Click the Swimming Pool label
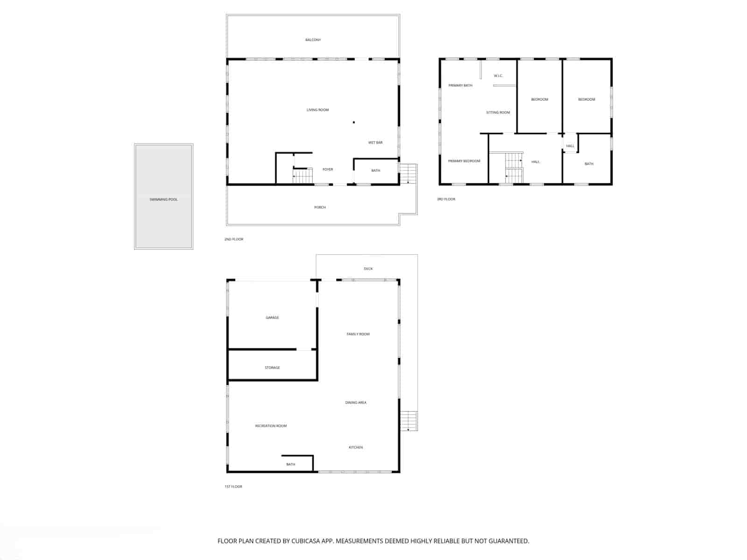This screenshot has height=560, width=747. pyautogui.click(x=163, y=200)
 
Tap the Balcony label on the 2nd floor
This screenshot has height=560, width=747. pyautogui.click(x=313, y=40)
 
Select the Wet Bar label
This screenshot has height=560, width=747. pyautogui.click(x=375, y=143)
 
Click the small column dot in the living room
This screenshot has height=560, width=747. pyautogui.click(x=354, y=122)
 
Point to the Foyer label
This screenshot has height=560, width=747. pyautogui.click(x=328, y=169)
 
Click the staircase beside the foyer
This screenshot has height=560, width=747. pyautogui.click(x=303, y=176)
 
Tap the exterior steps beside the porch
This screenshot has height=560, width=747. pyautogui.click(x=409, y=174)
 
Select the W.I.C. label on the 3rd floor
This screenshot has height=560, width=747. pyautogui.click(x=498, y=76)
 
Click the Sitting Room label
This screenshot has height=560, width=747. pyautogui.click(x=498, y=112)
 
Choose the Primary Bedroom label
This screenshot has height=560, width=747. pyautogui.click(x=464, y=161)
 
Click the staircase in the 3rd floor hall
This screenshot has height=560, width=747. pyautogui.click(x=514, y=168)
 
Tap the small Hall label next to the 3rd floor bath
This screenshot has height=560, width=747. pyautogui.click(x=570, y=146)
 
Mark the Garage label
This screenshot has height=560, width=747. pyautogui.click(x=272, y=318)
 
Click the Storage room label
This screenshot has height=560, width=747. pyautogui.click(x=272, y=368)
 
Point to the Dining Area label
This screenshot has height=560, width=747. pyautogui.click(x=356, y=403)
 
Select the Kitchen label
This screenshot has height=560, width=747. pyautogui.click(x=356, y=448)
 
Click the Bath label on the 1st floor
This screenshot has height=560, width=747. pyautogui.click(x=291, y=464)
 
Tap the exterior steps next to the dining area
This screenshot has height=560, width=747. pyautogui.click(x=409, y=420)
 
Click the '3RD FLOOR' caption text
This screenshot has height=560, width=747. pyautogui.click(x=446, y=199)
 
